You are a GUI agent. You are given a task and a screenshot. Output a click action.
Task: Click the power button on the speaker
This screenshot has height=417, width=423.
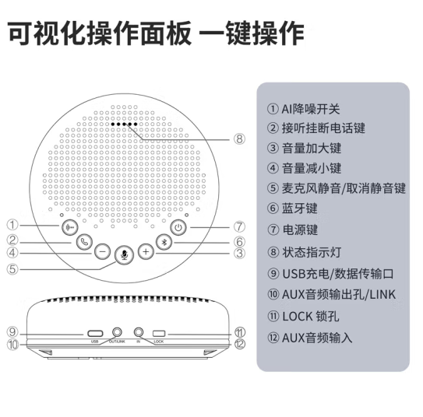coord(178,228)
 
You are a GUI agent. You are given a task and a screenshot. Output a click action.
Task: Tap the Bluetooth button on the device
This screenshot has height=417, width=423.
coord(164,242)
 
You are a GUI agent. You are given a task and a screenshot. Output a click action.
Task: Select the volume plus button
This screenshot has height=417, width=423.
coord(146,252)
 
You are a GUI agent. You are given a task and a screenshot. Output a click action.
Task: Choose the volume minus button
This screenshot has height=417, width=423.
coord(103,252)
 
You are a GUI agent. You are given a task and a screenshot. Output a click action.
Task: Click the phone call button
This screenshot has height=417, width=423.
coord(84,242)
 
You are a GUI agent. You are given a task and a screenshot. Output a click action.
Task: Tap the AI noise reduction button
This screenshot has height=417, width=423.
coord(70,227)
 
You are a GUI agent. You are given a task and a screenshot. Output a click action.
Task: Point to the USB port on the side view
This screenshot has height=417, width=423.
coord(95,334)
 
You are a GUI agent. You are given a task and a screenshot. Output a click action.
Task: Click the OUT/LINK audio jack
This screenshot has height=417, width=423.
coord(117,332)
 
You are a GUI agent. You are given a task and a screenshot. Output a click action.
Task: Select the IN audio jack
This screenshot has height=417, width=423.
coord(139,332)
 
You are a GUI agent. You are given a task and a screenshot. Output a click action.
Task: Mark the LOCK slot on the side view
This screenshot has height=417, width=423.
coord(159,334)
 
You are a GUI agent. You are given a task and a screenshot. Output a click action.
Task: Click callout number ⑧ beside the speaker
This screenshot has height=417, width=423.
coord(239,139)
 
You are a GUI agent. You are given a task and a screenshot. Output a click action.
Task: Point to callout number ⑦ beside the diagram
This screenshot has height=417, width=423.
coord(239,227)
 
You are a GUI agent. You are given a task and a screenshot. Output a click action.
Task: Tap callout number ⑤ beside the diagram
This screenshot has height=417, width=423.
coord(12,269)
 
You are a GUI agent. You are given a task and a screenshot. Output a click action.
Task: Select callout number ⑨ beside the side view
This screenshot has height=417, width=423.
coord(12,332)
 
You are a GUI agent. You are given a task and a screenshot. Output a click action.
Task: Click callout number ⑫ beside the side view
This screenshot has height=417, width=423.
coord(240,344)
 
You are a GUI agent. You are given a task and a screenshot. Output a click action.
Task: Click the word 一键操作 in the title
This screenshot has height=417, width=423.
coord(252,33)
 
